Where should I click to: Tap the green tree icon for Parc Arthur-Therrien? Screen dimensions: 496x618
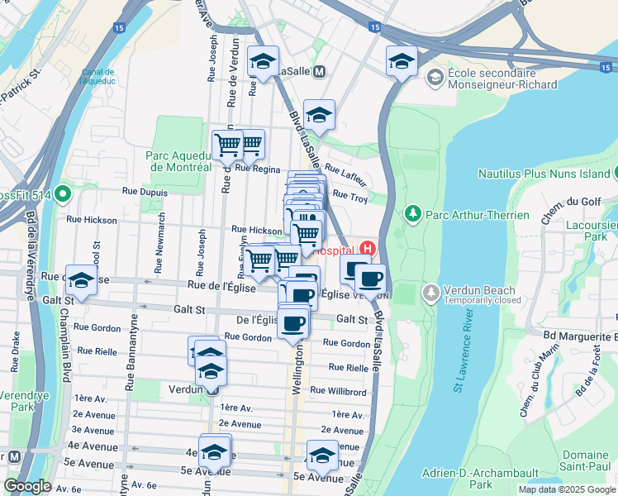tap(412, 215)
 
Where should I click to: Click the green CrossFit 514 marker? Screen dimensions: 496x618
tap(63, 195)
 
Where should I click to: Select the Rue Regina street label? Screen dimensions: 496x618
tap(258, 168)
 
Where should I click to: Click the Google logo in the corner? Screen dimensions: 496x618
tap(27, 486)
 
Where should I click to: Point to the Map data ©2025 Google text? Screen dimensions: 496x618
tap(567, 489)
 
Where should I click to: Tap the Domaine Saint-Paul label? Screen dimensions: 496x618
tap(585, 461)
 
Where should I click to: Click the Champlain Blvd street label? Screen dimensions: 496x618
tap(64, 347)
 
